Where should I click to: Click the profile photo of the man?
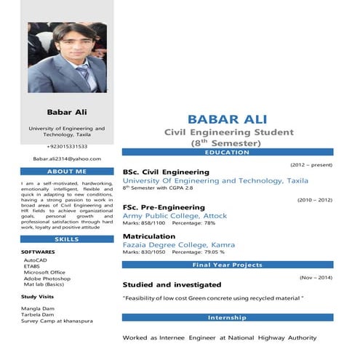(x=67, y=67)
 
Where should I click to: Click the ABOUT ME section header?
(x=67, y=172)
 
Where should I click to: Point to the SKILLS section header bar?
(x=67, y=239)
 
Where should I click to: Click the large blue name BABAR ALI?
(x=227, y=119)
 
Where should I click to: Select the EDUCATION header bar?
(x=227, y=152)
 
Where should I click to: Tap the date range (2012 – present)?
(x=311, y=165)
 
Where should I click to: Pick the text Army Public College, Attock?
(x=175, y=216)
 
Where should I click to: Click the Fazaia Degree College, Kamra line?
(x=179, y=245)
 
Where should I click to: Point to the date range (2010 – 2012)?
(x=314, y=199)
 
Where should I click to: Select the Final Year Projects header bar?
(x=227, y=265)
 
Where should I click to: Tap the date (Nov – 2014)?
(x=316, y=277)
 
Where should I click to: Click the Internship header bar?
(x=227, y=318)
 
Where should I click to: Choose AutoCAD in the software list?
(x=35, y=260)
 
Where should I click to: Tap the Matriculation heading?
(x=149, y=236)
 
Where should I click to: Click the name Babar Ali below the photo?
(x=67, y=112)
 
